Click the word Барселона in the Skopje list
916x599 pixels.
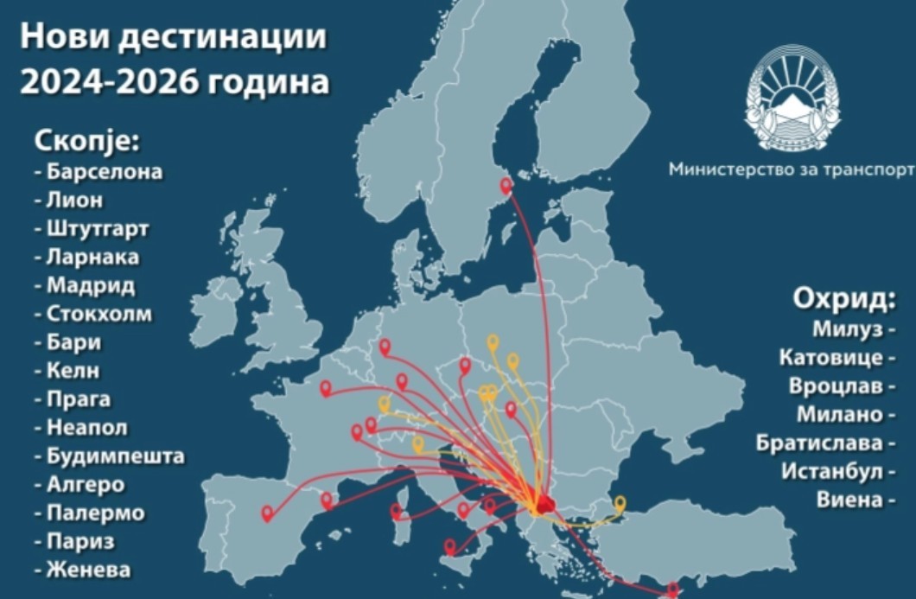104,171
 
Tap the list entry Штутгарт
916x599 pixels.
98,229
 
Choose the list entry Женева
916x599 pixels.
89,570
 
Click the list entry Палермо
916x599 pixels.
96,513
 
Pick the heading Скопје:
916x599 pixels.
86,140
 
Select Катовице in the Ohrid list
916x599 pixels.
830,358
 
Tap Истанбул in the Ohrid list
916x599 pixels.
832,472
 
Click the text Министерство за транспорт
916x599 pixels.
791,169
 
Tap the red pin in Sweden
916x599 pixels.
506,184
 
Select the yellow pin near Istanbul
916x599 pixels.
620,503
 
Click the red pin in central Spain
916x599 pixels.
267,513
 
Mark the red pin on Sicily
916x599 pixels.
449,546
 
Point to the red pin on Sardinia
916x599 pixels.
397,511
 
